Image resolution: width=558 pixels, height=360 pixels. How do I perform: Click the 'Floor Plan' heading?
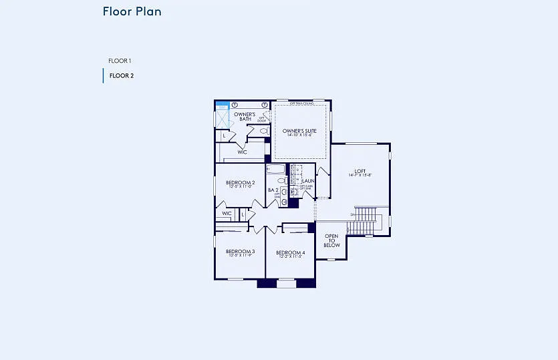pyautogui.click(x=132, y=11)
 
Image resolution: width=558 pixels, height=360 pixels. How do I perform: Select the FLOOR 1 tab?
pyautogui.click(x=120, y=61)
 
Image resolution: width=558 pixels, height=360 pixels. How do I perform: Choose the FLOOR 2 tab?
pyautogui.click(x=122, y=75)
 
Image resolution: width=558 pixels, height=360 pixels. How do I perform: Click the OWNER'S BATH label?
pyautogui.click(x=245, y=116)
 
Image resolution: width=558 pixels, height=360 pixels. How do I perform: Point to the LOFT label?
pyautogui.click(x=360, y=170)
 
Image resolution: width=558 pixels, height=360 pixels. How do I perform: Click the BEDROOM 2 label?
pyautogui.click(x=240, y=182)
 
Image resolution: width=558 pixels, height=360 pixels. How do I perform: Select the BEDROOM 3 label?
pyautogui.click(x=239, y=251)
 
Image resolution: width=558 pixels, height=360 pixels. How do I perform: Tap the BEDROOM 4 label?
pyautogui.click(x=290, y=252)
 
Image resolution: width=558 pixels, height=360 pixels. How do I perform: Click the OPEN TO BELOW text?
pyautogui.click(x=331, y=240)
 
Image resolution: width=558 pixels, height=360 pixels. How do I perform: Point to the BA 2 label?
pyautogui.click(x=273, y=190)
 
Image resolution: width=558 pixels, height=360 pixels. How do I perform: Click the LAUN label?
pyautogui.click(x=308, y=181)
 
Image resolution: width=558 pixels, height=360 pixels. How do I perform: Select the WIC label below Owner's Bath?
pyautogui.click(x=242, y=152)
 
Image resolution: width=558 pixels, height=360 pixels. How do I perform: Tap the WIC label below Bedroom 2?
pyautogui.click(x=227, y=214)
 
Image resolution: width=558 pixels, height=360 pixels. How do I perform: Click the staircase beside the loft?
pyautogui.click(x=366, y=220)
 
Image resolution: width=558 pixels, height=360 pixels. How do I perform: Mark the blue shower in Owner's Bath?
pyautogui.click(x=223, y=106)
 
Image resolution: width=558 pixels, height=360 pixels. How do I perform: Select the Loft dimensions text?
pyautogui.click(x=360, y=175)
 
